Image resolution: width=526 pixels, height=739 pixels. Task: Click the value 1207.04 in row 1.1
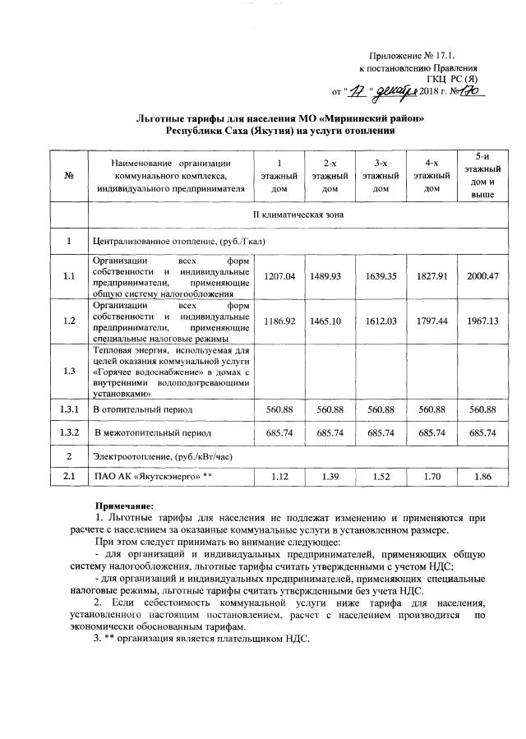[279, 275]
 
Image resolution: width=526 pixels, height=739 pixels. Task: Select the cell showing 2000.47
[482, 275]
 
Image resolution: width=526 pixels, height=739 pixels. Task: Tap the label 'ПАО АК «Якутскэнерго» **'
[142, 476]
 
